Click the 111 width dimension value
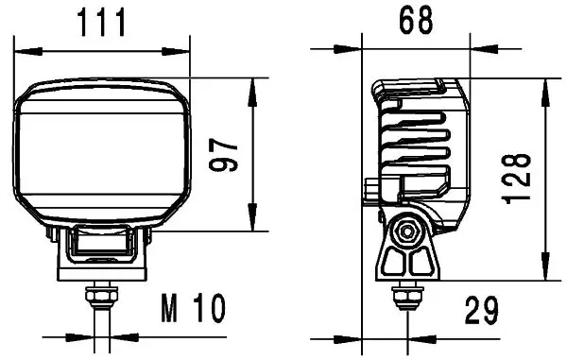pos(102,23)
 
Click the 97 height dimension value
pos(223,154)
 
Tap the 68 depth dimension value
pos(416,21)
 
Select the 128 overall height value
pos(516,180)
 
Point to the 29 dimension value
pos(481,310)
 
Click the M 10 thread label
pos(194,308)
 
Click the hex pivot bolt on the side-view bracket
pos(407,231)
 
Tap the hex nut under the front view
pos(102,296)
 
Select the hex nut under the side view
pos(408,296)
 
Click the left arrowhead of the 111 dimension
pos(27,52)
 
